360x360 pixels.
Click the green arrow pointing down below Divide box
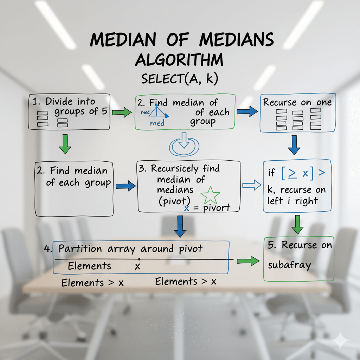point(65,144)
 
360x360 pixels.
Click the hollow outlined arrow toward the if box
point(252,186)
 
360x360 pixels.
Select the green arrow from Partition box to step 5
point(248,261)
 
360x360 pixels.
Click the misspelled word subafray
point(289,265)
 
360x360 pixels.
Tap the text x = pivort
point(207,208)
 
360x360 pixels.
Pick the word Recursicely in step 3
point(175,168)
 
